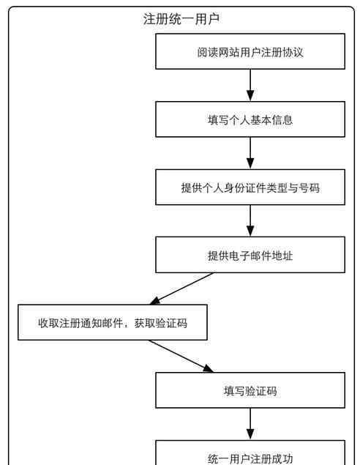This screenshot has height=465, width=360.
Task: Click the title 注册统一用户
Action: click(x=181, y=19)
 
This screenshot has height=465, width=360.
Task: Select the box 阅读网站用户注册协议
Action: click(x=250, y=51)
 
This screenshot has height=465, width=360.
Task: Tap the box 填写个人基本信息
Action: click(x=250, y=119)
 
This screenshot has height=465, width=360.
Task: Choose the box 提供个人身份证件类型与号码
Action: click(x=250, y=187)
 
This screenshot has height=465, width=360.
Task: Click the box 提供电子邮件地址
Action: click(x=250, y=255)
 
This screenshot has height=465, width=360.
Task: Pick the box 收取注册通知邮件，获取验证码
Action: click(x=113, y=322)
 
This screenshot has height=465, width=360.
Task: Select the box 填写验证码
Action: click(x=250, y=390)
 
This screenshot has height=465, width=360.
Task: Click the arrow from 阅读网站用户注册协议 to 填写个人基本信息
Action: click(x=250, y=86)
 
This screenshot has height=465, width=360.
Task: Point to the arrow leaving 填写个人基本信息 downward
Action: click(x=250, y=153)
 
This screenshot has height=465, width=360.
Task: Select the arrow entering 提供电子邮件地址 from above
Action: click(x=250, y=220)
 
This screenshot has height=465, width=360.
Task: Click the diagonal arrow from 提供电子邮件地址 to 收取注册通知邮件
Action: click(x=181, y=289)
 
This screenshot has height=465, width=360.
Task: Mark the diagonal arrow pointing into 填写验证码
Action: click(x=181, y=356)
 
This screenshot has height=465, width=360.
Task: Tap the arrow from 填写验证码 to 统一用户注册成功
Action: click(x=250, y=424)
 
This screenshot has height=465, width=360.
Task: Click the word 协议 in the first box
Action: click(x=293, y=52)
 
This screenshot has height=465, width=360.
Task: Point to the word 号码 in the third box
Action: click(x=309, y=187)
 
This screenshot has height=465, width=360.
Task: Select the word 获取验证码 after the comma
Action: click(x=161, y=323)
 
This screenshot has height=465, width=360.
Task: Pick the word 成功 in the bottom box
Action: click(x=282, y=458)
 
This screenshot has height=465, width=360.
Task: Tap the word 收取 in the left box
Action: click(x=48, y=323)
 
